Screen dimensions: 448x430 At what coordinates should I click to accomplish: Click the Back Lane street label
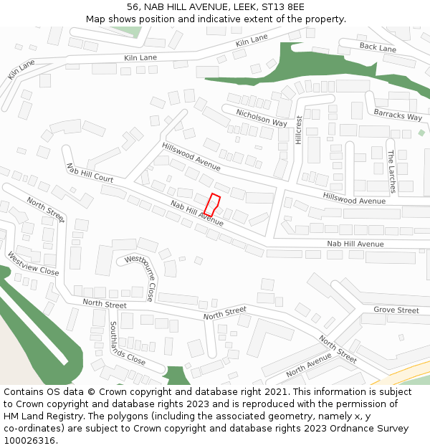click(x=378, y=48)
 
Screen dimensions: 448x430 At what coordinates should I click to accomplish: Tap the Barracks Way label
click(x=398, y=115)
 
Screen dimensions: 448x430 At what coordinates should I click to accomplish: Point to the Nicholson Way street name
click(x=262, y=118)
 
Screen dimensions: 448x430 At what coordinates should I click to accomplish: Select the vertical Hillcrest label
click(x=299, y=130)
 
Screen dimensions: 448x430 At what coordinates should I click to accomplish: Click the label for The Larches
click(x=391, y=171)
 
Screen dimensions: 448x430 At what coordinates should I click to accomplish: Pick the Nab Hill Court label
click(x=90, y=173)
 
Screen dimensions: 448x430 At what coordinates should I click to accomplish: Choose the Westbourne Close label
click(x=139, y=277)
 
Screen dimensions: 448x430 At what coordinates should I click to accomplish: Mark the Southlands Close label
click(x=127, y=343)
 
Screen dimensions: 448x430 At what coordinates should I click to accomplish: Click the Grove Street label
click(x=396, y=310)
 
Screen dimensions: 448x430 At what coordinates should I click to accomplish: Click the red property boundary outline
click(x=212, y=205)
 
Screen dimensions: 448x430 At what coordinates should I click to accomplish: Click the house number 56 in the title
click(x=133, y=7)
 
